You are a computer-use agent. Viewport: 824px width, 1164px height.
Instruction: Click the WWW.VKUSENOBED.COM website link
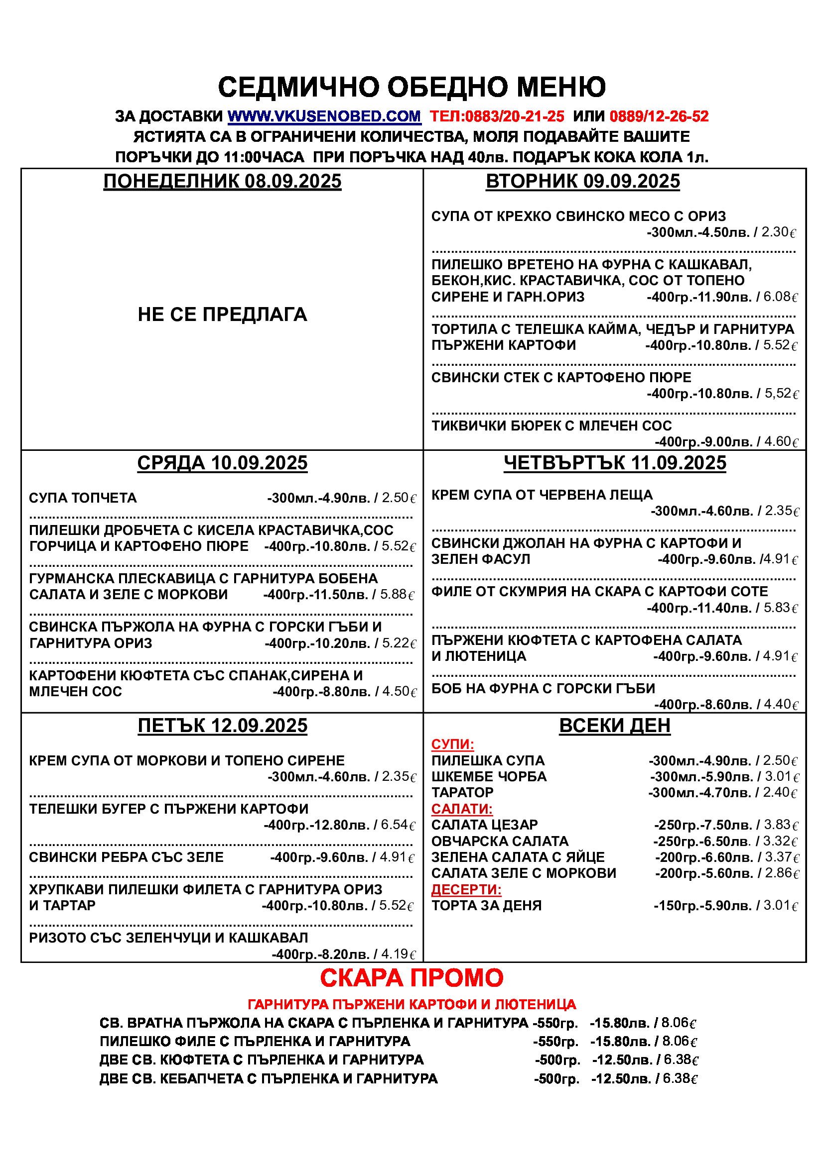pyautogui.click(x=324, y=116)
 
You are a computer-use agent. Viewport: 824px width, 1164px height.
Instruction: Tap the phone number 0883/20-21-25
pyautogui.click(x=514, y=116)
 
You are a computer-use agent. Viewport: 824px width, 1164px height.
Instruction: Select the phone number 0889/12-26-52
pyautogui.click(x=659, y=116)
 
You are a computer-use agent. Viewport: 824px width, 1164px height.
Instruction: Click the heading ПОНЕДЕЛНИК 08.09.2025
pyautogui.click(x=222, y=182)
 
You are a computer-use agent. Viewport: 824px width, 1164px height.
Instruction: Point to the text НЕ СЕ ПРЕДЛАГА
pyautogui.click(x=222, y=315)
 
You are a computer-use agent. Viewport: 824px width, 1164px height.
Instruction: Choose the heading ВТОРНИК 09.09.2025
pyautogui.click(x=582, y=182)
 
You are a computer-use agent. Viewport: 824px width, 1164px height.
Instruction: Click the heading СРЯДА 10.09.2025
pyautogui.click(x=222, y=463)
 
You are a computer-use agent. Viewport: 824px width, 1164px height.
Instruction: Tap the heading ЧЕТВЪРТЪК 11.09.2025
pyautogui.click(x=614, y=463)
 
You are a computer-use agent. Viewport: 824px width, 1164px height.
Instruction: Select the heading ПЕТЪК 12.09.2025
pyautogui.click(x=222, y=726)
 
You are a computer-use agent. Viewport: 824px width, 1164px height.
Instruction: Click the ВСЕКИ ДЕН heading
pyautogui.click(x=614, y=726)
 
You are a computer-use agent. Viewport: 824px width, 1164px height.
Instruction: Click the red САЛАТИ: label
pyautogui.click(x=462, y=809)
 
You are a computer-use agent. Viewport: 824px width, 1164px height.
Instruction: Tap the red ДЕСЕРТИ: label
pyautogui.click(x=466, y=889)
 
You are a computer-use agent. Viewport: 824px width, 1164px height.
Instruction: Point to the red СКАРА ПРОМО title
pyautogui.click(x=412, y=977)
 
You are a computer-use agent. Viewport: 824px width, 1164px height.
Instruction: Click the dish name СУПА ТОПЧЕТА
pyautogui.click(x=83, y=498)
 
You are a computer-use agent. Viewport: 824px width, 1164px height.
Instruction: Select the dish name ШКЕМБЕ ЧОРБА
pyautogui.click(x=489, y=777)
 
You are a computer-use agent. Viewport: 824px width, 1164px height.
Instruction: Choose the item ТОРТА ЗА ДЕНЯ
pyautogui.click(x=486, y=905)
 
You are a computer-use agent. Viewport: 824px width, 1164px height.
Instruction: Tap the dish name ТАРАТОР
pyautogui.click(x=462, y=792)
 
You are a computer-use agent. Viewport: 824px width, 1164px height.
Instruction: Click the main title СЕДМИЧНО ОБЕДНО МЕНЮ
pyautogui.click(x=412, y=87)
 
